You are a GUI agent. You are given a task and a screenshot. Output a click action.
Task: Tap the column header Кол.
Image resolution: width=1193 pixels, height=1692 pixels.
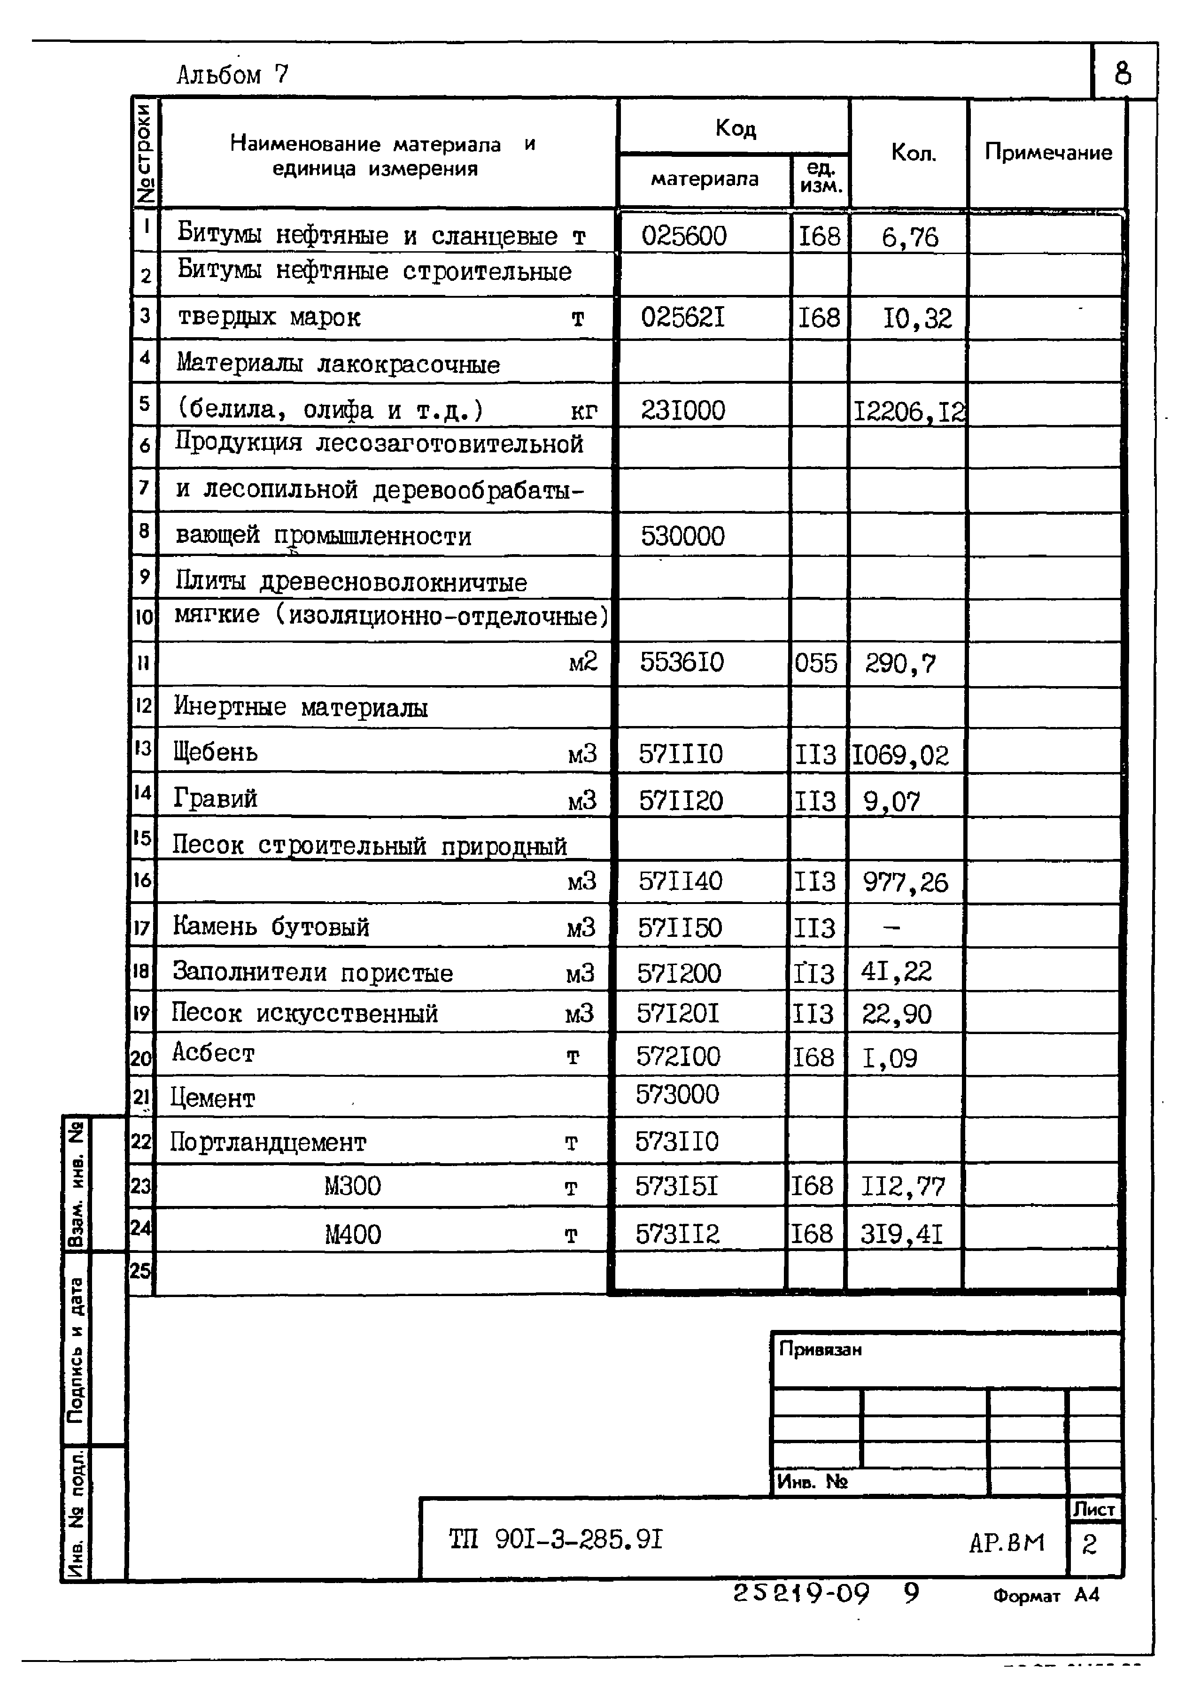tap(913, 153)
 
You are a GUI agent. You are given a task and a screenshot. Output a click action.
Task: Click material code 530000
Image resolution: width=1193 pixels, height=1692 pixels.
tap(682, 536)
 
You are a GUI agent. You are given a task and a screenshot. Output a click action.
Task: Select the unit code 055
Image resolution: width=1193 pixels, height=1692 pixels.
tap(816, 663)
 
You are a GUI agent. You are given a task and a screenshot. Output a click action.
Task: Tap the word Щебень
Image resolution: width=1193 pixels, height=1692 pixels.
tap(215, 752)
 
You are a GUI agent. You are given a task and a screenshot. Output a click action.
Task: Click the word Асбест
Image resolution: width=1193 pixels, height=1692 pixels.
tap(213, 1053)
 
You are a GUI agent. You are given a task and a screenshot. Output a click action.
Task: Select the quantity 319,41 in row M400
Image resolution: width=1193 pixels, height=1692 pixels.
tap(901, 1234)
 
